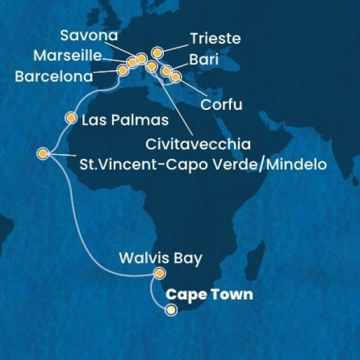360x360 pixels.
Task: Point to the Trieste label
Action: pos(215,39)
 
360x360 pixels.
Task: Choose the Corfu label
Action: pos(222,106)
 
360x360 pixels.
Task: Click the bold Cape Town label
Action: pos(209,295)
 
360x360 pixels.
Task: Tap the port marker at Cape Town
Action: pos(172,310)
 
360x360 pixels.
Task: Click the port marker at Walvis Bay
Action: pos(159,274)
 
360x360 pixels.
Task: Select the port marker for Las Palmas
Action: pos(72,118)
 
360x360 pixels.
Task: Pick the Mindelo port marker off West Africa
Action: pos(43,154)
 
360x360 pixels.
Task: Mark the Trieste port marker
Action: pos(157,52)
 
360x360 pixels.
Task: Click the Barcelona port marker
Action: pos(123,70)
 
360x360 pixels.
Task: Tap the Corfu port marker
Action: pos(175,77)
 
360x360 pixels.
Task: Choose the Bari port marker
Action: pos(166,72)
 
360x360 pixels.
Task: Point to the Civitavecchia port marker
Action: pos(151,66)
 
